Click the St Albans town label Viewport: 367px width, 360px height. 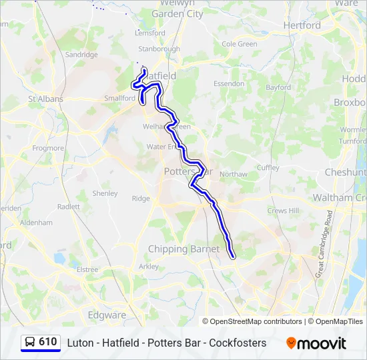click(x=45, y=99)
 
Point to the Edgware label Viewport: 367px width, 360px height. click(x=107, y=315)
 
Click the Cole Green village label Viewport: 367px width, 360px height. click(x=239, y=44)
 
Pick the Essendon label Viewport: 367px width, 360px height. click(x=229, y=84)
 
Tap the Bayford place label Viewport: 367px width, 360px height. click(x=278, y=87)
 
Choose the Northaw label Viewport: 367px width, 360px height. click(x=233, y=174)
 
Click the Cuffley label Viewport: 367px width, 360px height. click(x=268, y=167)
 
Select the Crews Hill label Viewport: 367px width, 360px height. click(x=281, y=210)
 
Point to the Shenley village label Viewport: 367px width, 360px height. click(x=105, y=193)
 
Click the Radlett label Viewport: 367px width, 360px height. click(x=69, y=207)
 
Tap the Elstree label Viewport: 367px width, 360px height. click(x=87, y=269)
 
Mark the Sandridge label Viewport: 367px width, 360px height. click(x=81, y=55)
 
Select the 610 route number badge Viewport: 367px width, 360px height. click(x=47, y=342)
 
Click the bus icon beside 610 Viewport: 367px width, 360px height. click(x=30, y=343)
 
